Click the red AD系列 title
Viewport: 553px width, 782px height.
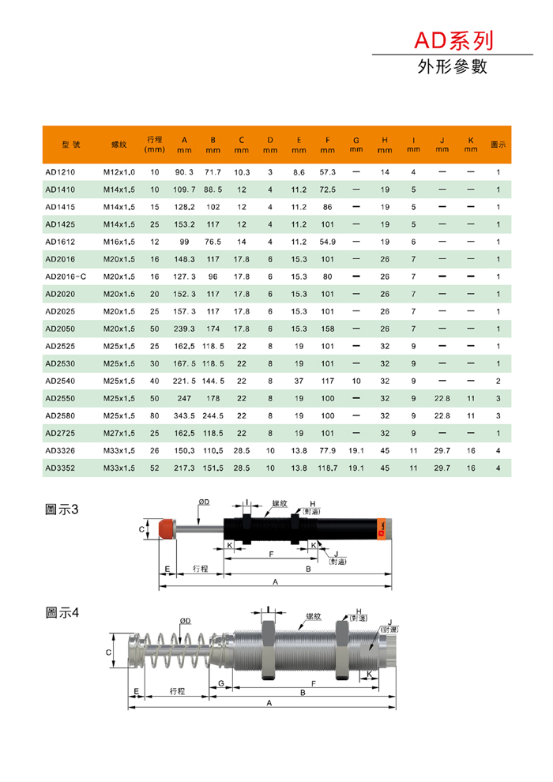click(453, 40)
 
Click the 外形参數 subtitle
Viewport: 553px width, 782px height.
click(452, 66)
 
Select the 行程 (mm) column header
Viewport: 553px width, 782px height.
click(155, 144)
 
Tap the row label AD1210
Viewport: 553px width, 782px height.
click(60, 172)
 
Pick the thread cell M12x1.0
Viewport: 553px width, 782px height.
click(119, 172)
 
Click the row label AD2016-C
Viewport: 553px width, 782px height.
click(66, 276)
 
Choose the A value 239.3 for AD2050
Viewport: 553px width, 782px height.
click(184, 329)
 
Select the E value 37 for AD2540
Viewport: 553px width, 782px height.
click(299, 381)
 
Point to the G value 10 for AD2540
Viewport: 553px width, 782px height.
click(356, 381)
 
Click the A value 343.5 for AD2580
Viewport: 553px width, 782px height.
click(184, 416)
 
